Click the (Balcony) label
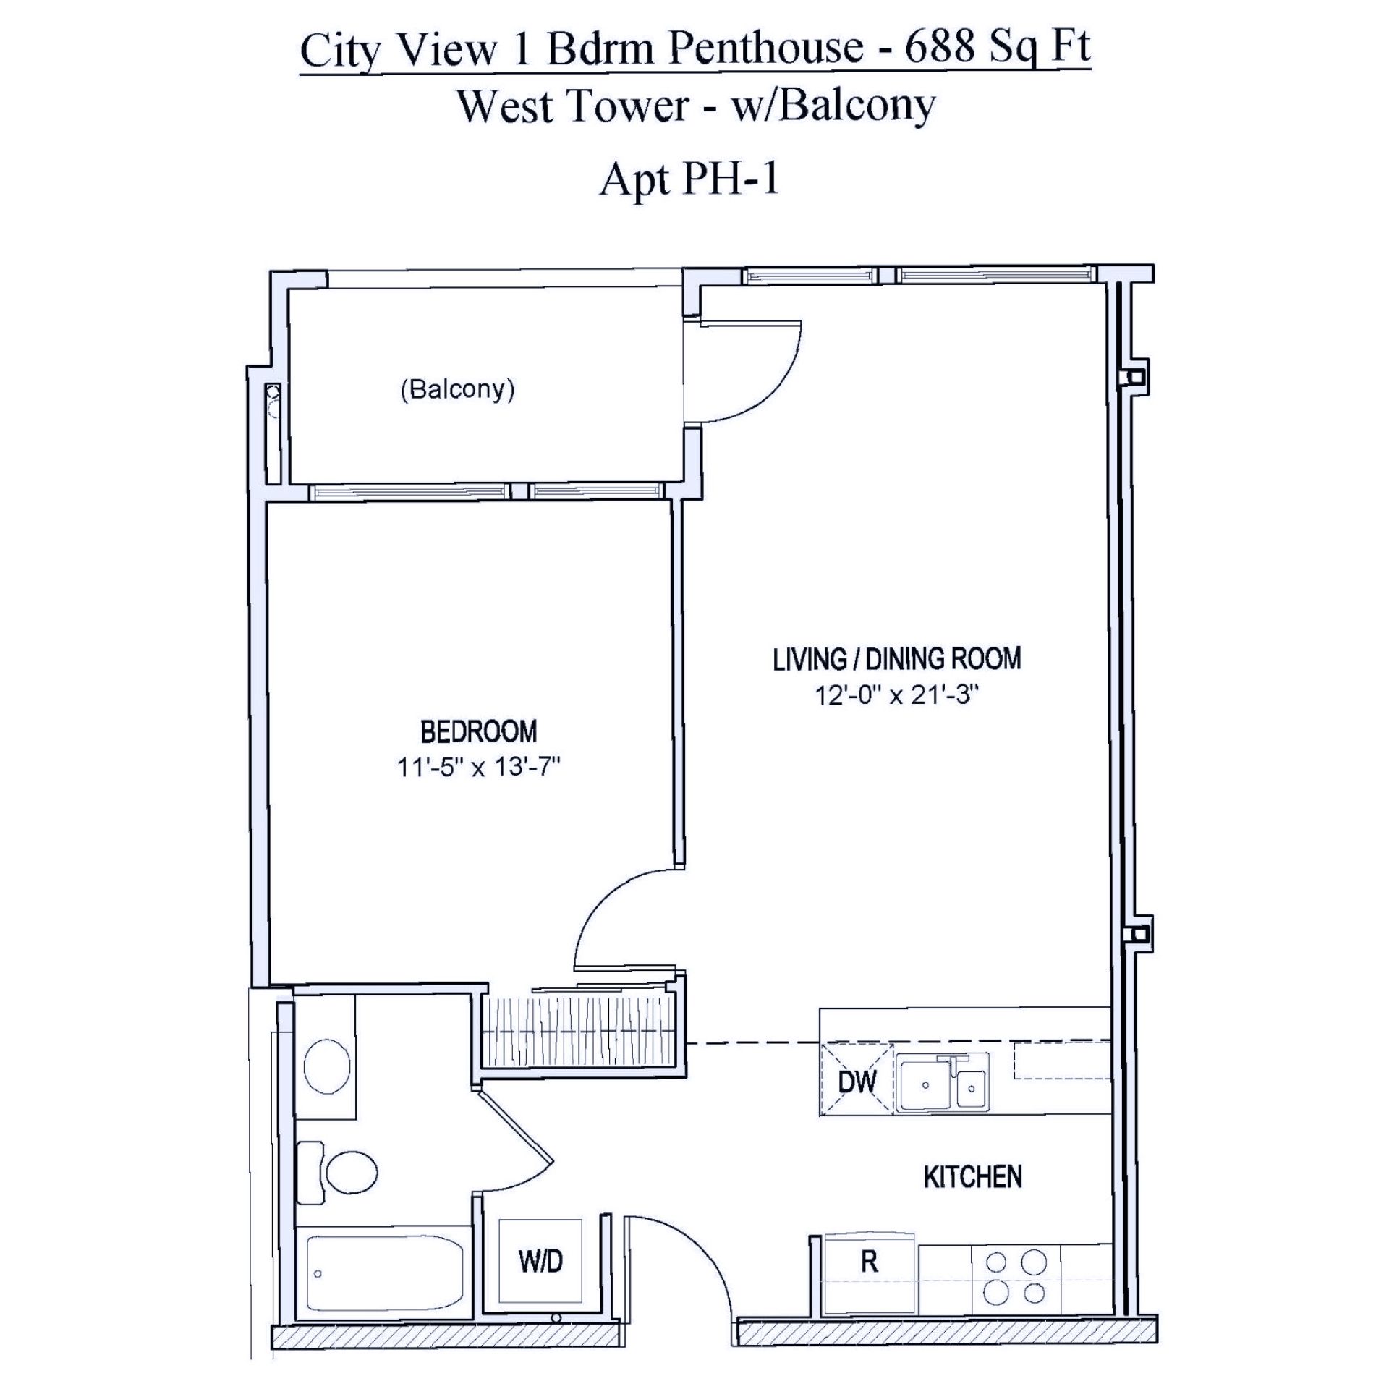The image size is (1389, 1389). tap(457, 390)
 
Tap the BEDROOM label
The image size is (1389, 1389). tap(479, 731)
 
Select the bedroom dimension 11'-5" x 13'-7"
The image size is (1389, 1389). tap(479, 767)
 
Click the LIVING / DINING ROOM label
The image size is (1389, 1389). tap(897, 659)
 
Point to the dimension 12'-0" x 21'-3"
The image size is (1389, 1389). tap(897, 695)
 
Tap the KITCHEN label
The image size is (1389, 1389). tap(973, 1177)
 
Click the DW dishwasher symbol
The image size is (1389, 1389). tap(857, 1081)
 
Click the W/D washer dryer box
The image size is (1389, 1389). tap(540, 1261)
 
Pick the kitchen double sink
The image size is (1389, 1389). tap(943, 1082)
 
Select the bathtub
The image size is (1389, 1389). tap(385, 1274)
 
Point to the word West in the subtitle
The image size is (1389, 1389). tap(511, 106)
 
